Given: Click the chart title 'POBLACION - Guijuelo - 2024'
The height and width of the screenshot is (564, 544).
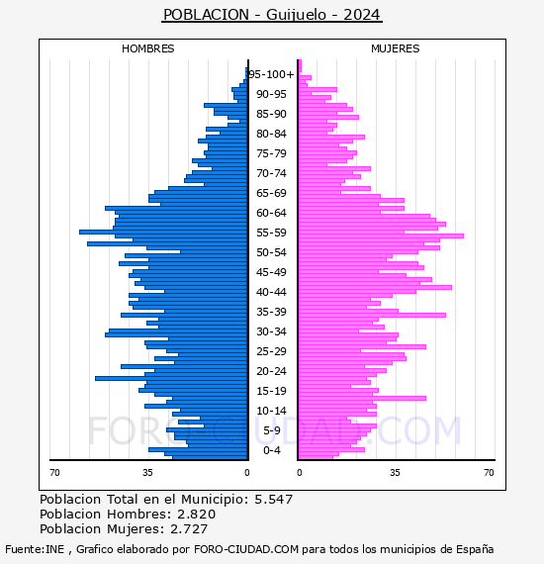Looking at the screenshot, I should (x=271, y=15).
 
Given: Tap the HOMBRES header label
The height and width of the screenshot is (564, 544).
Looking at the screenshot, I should (x=148, y=48).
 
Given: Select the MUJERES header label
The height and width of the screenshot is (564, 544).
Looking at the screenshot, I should (x=395, y=48).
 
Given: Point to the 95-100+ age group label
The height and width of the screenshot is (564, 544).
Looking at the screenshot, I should (x=271, y=74).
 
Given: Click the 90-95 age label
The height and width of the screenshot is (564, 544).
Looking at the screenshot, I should (x=271, y=94).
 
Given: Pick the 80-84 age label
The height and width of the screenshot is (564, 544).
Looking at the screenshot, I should (x=271, y=134).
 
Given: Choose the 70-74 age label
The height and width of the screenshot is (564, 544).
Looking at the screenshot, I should (x=271, y=173).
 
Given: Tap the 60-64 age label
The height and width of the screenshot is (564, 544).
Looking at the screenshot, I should (x=271, y=213).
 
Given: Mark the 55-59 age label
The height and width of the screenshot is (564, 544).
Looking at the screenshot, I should (x=271, y=233).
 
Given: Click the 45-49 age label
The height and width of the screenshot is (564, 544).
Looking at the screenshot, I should (x=271, y=272).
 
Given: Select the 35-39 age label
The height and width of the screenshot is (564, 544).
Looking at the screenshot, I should (x=271, y=312).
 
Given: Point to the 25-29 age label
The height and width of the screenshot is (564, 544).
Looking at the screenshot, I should (x=271, y=351).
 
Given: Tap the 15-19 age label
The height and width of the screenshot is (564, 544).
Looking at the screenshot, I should (x=271, y=391).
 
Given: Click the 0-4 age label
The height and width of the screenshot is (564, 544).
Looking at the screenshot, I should (x=271, y=450).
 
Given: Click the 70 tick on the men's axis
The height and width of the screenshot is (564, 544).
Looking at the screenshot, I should (x=55, y=473).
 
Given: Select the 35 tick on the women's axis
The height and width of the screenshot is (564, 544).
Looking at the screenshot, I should (x=395, y=473).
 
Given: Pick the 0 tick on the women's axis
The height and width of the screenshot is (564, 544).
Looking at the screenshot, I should (x=300, y=473).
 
